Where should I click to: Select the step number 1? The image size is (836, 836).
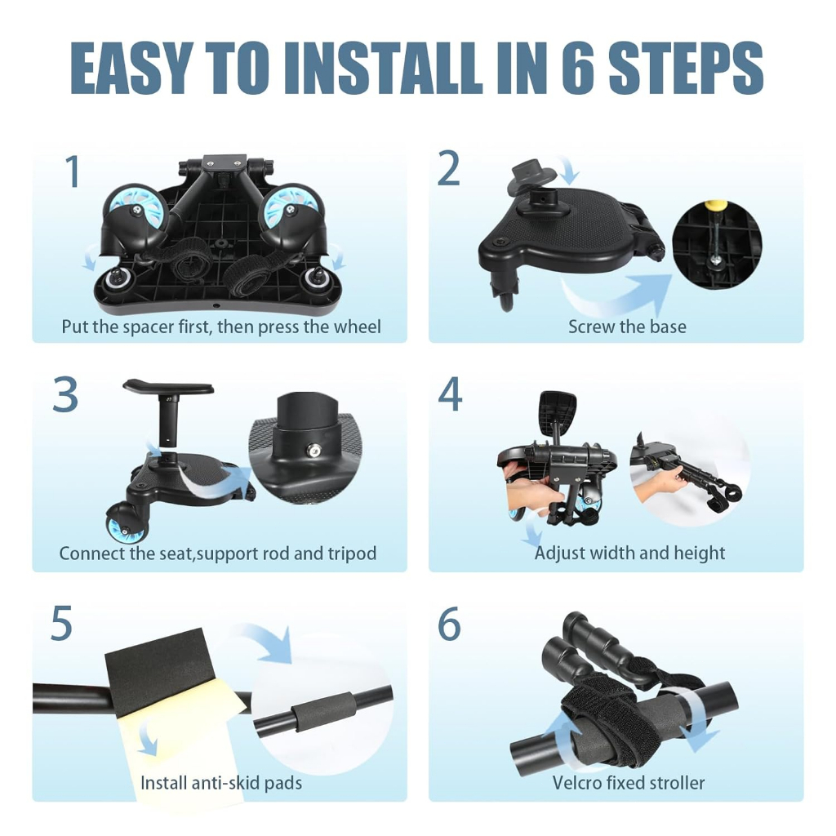click(x=73, y=171)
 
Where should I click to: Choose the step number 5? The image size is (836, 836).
click(x=61, y=623)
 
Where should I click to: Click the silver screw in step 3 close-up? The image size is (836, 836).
click(x=313, y=451)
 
